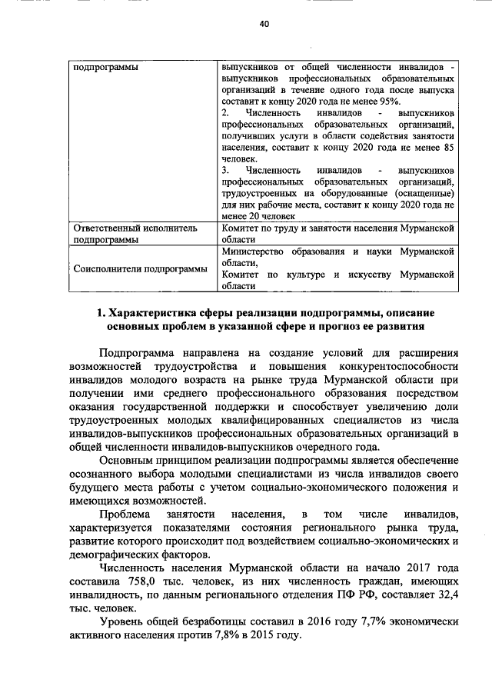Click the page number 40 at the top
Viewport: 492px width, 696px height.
(x=264, y=25)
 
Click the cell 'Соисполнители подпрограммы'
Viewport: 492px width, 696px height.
(x=140, y=269)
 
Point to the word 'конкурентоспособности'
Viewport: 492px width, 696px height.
(x=402, y=366)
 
